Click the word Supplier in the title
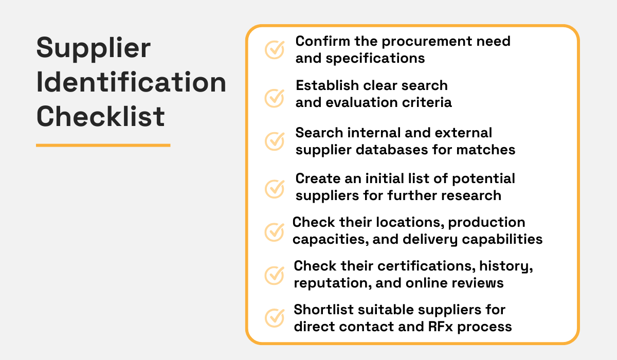[x=94, y=49]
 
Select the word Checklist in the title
[x=101, y=116]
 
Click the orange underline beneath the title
[x=103, y=145]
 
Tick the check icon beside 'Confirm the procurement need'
[x=275, y=49]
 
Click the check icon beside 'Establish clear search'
[x=275, y=97]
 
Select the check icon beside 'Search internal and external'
[x=275, y=141]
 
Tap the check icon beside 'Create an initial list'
[x=275, y=188]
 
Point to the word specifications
[x=375, y=58]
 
